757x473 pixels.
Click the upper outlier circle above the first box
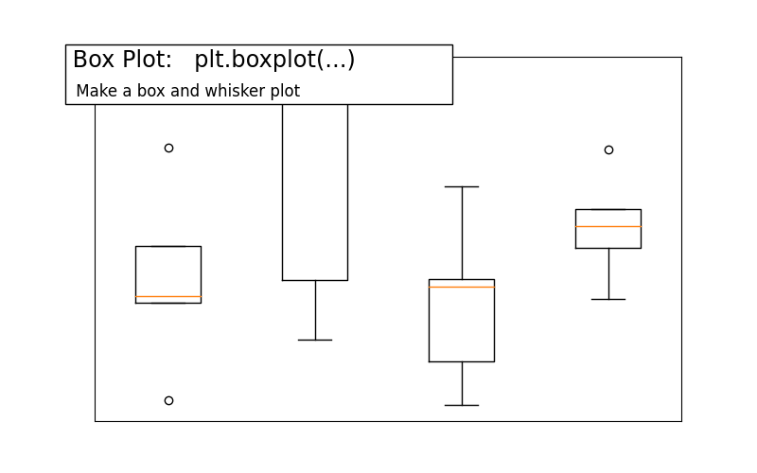(168, 148)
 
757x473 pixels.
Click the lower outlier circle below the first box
(168, 400)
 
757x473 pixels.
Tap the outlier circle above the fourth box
(608, 149)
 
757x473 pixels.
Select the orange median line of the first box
(168, 297)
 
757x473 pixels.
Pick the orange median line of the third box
(462, 287)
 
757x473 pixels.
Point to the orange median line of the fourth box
(608, 227)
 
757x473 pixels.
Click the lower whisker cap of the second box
(315, 340)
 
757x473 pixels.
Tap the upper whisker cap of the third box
(462, 187)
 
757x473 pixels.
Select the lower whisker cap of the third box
(462, 405)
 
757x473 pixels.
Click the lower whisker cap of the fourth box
(608, 299)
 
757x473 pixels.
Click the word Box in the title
(94, 60)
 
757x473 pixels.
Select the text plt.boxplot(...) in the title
(274, 60)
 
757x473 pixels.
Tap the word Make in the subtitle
(94, 91)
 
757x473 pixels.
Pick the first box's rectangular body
(168, 272)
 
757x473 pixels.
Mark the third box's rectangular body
(462, 326)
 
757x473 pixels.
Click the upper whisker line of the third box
(462, 233)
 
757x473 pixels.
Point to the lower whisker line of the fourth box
(608, 273)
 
